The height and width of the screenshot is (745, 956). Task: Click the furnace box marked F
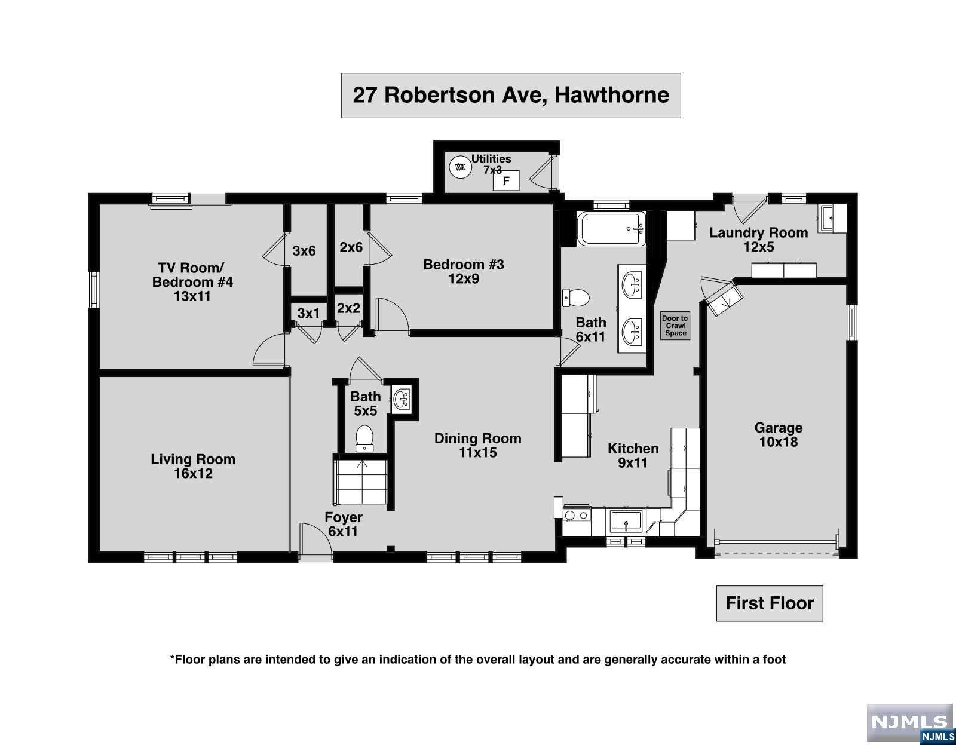tap(506, 180)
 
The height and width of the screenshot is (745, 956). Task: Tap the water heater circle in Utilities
tap(460, 167)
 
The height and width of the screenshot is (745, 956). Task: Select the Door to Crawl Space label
tap(675, 326)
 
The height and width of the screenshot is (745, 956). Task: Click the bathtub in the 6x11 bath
tap(611, 229)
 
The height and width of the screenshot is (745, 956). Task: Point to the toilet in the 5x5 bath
tap(364, 438)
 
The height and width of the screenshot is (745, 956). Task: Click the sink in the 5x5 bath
tap(401, 400)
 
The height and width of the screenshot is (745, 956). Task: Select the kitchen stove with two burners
tap(577, 514)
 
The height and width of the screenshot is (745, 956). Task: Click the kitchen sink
tap(626, 521)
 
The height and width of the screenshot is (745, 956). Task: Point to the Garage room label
tap(779, 434)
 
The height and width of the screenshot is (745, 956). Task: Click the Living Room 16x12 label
tap(193, 466)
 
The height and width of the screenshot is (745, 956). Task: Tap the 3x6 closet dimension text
tap(304, 251)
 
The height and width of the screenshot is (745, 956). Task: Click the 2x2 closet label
tap(348, 308)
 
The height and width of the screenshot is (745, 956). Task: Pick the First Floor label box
tap(770, 603)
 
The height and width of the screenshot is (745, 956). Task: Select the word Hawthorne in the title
tap(612, 95)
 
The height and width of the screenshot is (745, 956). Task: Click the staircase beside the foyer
tap(361, 482)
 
